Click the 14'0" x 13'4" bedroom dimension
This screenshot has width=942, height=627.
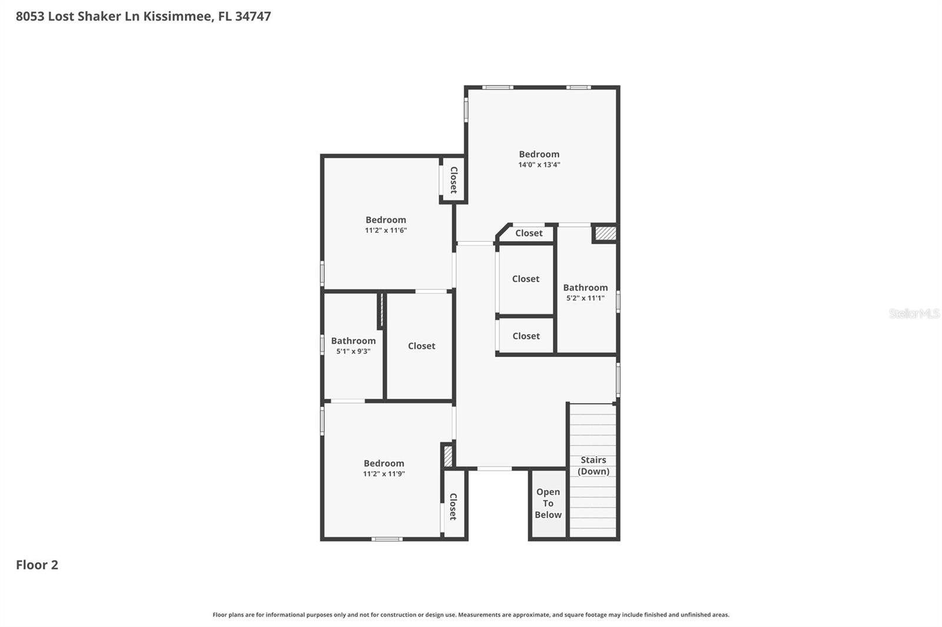[x=539, y=165]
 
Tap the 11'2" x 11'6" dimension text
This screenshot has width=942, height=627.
[x=386, y=231]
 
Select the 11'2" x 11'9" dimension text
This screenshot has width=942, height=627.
[x=384, y=474]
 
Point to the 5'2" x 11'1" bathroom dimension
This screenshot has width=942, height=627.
[x=585, y=298]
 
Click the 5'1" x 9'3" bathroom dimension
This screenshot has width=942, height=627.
[x=353, y=352]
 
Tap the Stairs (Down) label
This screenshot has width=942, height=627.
[x=593, y=465]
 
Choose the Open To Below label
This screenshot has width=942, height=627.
[x=548, y=503]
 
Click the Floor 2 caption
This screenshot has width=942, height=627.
[x=37, y=565]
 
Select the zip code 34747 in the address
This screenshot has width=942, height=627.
[x=253, y=16]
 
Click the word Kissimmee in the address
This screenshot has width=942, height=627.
[x=177, y=16]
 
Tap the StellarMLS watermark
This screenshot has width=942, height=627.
[x=914, y=313]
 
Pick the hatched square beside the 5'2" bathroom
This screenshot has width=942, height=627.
[x=605, y=234]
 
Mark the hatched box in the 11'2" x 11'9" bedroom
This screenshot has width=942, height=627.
[x=448, y=456]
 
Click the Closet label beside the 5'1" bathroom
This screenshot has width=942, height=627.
[x=422, y=346]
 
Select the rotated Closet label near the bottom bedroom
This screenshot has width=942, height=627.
[x=453, y=506]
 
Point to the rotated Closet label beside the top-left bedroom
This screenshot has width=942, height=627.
[x=454, y=180]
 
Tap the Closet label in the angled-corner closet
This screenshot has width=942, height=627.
[x=529, y=234]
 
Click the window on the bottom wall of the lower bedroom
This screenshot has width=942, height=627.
[x=387, y=539]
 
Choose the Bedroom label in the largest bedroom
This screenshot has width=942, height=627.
[x=539, y=154]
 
